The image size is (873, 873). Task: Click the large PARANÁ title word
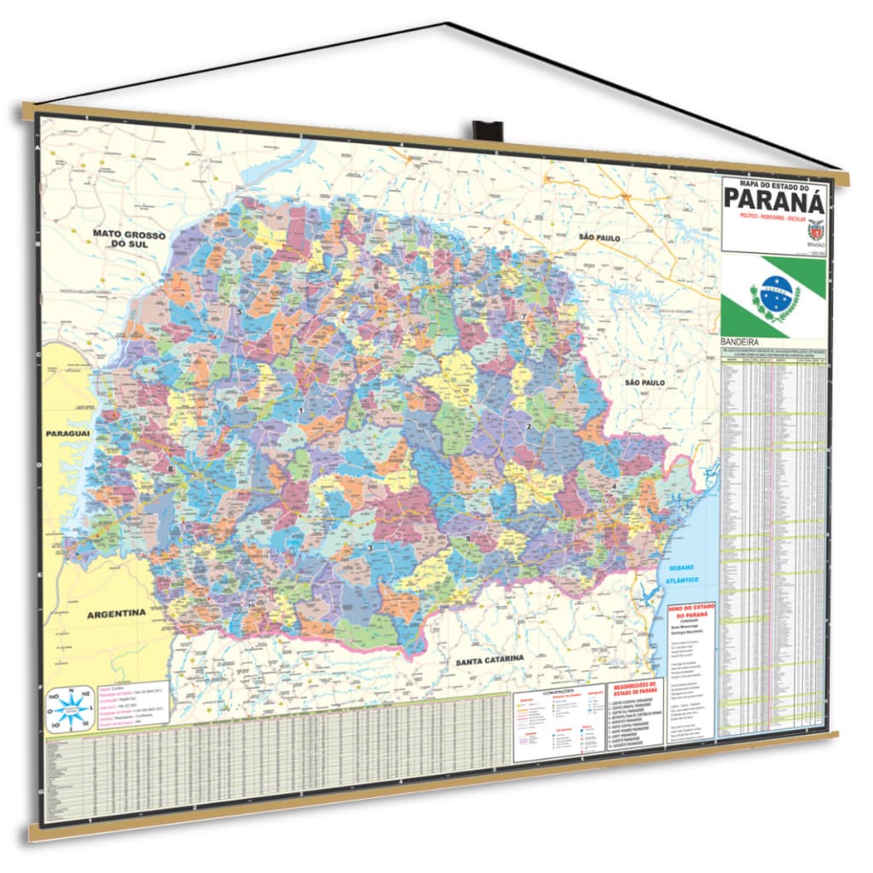tap(774, 200)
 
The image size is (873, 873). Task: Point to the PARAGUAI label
tap(67, 435)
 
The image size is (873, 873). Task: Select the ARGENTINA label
tap(116, 613)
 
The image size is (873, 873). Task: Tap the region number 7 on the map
tap(524, 317)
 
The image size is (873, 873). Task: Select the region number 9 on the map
tap(467, 539)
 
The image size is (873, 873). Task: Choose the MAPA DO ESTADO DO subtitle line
tap(773, 183)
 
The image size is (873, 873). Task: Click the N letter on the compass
tap(72, 691)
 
